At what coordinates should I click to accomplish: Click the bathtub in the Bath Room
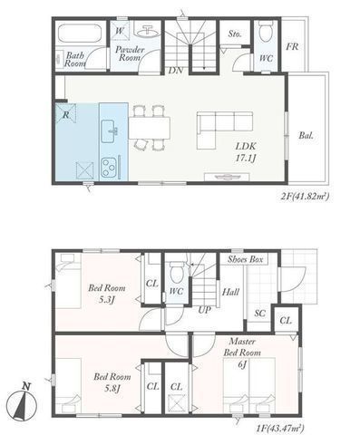80,34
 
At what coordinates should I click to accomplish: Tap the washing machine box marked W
120,30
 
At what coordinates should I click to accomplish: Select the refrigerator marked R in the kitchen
65,113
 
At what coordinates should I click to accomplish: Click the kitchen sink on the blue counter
108,131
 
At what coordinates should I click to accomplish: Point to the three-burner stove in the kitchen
109,167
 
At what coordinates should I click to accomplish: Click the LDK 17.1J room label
246,152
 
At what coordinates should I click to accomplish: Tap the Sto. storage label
235,34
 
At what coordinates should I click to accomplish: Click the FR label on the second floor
292,46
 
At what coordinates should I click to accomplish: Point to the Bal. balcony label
306,135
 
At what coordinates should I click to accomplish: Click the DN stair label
176,71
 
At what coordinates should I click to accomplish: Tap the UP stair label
204,310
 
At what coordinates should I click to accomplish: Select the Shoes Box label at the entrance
245,259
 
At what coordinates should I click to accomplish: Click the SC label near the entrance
259,314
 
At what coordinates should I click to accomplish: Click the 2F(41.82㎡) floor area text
305,197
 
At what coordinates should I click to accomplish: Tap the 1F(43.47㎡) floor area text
279,428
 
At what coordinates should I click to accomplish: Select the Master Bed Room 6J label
242,353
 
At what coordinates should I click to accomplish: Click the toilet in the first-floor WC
177,272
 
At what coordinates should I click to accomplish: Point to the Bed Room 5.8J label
112,382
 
